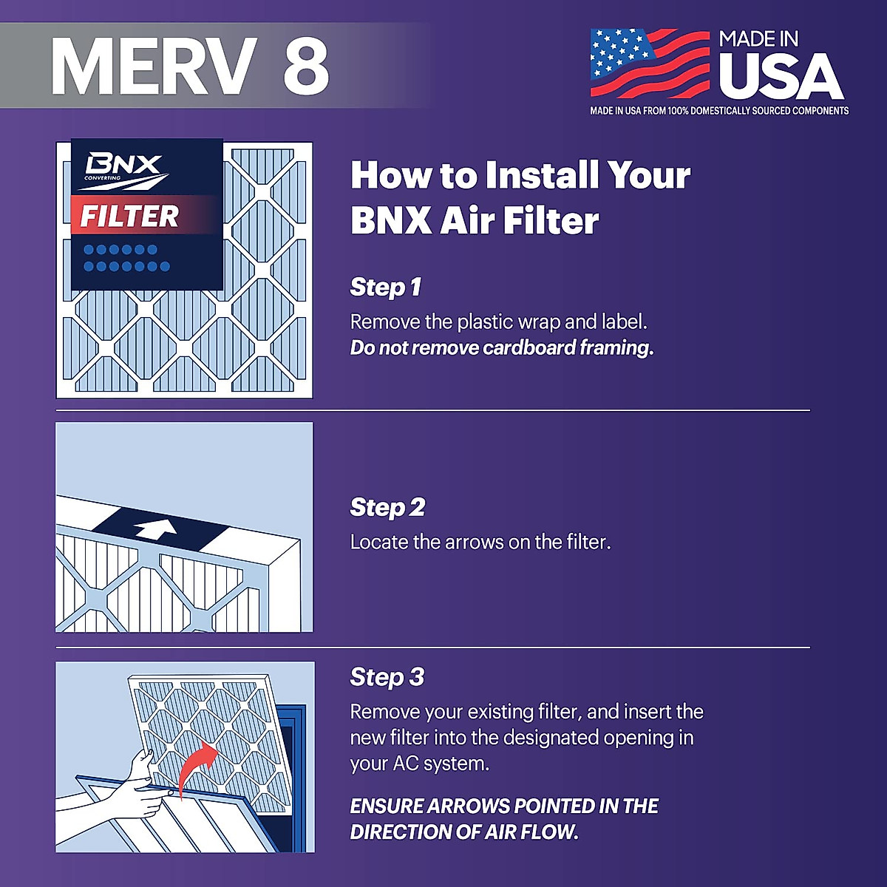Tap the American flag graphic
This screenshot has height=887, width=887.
649,64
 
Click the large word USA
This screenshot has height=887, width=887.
781,76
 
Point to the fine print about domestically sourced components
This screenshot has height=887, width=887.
718,111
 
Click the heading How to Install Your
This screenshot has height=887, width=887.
520,176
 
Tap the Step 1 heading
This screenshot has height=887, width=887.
385,287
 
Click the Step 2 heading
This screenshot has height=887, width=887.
387,507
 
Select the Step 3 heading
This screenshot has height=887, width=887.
387,677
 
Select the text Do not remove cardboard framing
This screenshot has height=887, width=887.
501,348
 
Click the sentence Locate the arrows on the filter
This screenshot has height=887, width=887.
480,542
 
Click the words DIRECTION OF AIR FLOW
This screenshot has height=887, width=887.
463,832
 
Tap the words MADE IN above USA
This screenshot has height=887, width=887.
758,39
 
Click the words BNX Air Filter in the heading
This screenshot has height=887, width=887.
475,221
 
